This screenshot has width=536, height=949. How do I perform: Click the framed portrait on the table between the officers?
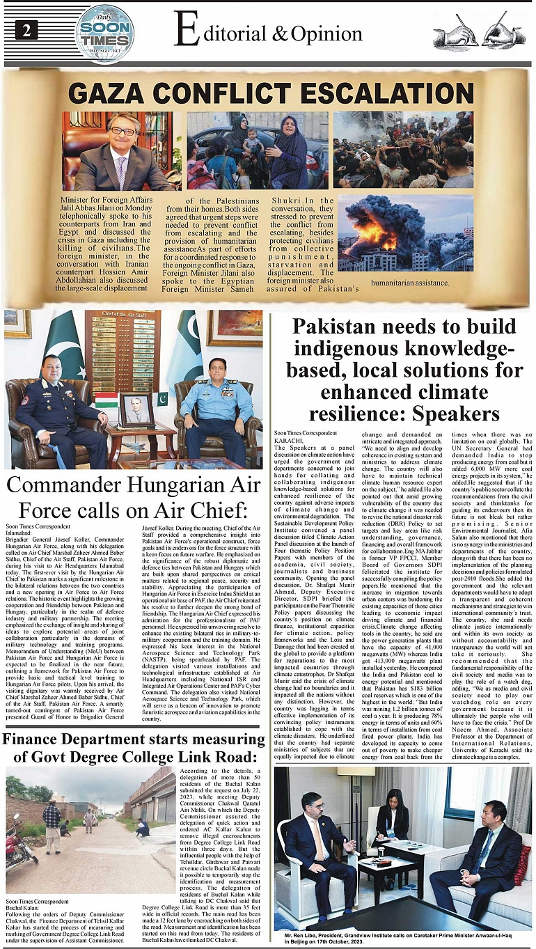pos(137,409)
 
